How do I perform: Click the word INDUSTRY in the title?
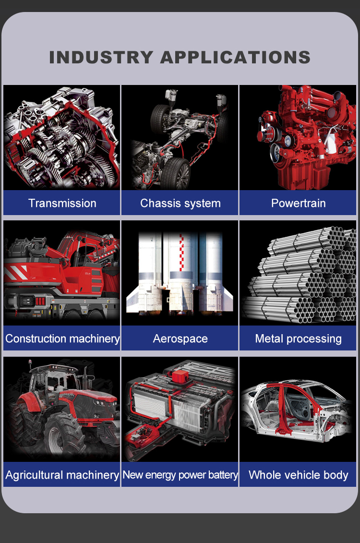(101, 58)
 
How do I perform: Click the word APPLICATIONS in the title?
(235, 58)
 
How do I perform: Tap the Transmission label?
(62, 203)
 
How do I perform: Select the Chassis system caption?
(180, 203)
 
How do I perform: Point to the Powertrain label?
(299, 203)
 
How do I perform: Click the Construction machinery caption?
(62, 338)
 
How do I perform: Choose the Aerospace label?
(180, 338)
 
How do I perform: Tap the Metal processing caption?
(299, 338)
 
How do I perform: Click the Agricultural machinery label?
(62, 475)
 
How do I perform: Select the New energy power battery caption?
(180, 475)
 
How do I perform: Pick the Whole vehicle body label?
(299, 475)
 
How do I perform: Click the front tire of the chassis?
(177, 173)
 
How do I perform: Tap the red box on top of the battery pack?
(180, 376)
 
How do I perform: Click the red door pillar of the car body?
(284, 409)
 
